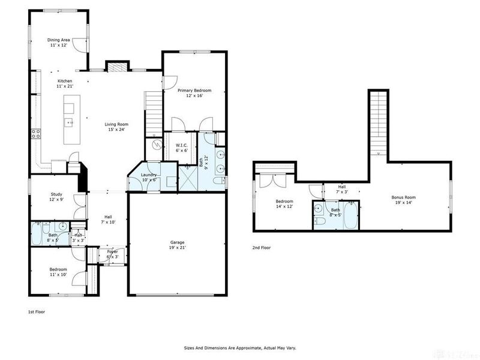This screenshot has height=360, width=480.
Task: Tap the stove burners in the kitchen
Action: tap(36, 134)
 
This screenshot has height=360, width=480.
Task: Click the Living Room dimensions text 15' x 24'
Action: tap(116, 130)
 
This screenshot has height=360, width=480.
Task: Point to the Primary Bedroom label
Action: tap(194, 91)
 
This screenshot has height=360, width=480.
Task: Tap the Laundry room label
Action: tap(148, 175)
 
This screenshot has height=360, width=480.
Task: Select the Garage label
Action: tap(177, 243)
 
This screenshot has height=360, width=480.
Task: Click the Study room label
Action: tap(56, 194)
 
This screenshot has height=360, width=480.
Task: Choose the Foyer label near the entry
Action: tap(112, 251)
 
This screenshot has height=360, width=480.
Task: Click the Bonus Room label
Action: tap(403, 197)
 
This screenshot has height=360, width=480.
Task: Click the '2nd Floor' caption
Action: tap(262, 247)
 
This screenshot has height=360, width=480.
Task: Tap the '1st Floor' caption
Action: tap(37, 312)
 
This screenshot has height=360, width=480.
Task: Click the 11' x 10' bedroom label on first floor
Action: tap(58, 269)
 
